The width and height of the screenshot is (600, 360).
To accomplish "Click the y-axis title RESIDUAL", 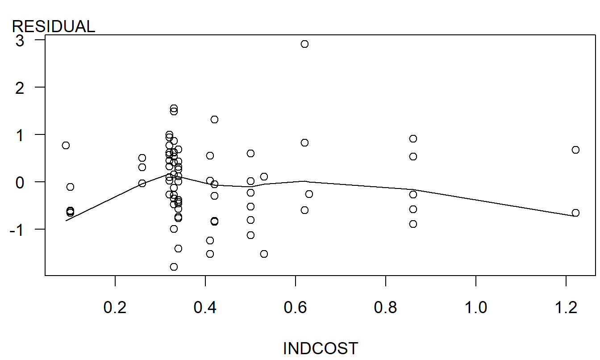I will (x=53, y=27).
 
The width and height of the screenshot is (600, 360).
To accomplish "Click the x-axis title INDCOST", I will (x=320, y=348).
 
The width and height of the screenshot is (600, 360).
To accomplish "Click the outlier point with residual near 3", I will (x=304, y=44).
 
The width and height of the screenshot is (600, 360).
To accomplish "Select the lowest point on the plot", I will (x=174, y=267).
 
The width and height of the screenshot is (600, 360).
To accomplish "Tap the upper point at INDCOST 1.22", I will (x=575, y=150).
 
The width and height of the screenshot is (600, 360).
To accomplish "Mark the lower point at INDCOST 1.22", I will (x=575, y=213).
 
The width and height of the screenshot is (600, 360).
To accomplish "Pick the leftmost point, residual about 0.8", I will (x=66, y=145).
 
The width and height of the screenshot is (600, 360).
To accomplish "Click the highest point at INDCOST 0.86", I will (x=413, y=138).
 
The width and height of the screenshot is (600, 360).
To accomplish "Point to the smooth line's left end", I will (x=66, y=220).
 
